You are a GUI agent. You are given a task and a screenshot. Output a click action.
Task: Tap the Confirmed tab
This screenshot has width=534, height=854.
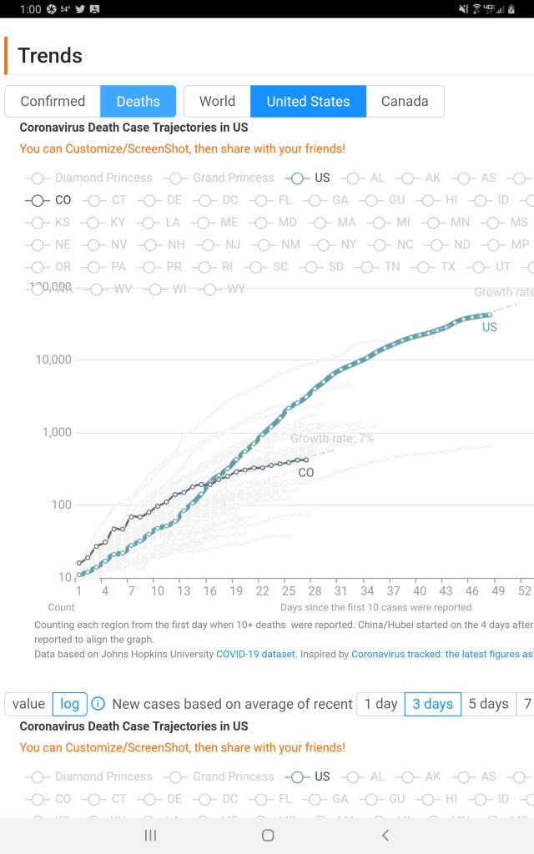(53, 101)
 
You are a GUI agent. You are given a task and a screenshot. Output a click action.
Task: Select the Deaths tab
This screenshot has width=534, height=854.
(138, 101)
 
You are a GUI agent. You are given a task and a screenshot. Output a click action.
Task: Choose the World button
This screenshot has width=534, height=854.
(217, 101)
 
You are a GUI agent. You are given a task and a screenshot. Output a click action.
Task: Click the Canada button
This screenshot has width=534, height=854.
(405, 101)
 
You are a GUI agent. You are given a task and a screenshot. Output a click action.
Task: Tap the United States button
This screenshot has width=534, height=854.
(308, 101)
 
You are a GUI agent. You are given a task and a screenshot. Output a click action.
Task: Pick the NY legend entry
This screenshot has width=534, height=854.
(348, 244)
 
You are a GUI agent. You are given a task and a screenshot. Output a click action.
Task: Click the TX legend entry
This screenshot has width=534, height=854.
(448, 267)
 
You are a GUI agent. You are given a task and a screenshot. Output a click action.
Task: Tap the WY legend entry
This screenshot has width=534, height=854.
(235, 289)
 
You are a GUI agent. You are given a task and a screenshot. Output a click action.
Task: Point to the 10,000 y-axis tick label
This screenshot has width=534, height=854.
(51, 359)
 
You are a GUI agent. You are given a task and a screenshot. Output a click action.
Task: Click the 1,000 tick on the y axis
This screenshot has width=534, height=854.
(56, 432)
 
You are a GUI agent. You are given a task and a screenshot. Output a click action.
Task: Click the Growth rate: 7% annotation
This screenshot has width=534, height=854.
(332, 439)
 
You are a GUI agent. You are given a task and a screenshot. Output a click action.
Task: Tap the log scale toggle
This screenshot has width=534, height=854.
(70, 704)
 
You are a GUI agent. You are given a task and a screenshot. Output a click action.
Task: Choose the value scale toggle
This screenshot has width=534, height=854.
(28, 704)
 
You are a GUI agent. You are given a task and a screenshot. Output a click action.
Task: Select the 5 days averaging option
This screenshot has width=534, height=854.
(488, 704)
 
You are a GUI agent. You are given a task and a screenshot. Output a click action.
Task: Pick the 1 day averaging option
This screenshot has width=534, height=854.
(380, 704)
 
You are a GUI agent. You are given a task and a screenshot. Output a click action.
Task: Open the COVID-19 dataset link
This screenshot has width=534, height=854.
(255, 654)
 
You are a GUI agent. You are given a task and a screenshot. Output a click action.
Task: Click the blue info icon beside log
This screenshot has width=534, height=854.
(98, 704)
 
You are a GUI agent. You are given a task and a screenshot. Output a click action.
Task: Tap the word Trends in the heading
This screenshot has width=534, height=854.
(50, 56)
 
